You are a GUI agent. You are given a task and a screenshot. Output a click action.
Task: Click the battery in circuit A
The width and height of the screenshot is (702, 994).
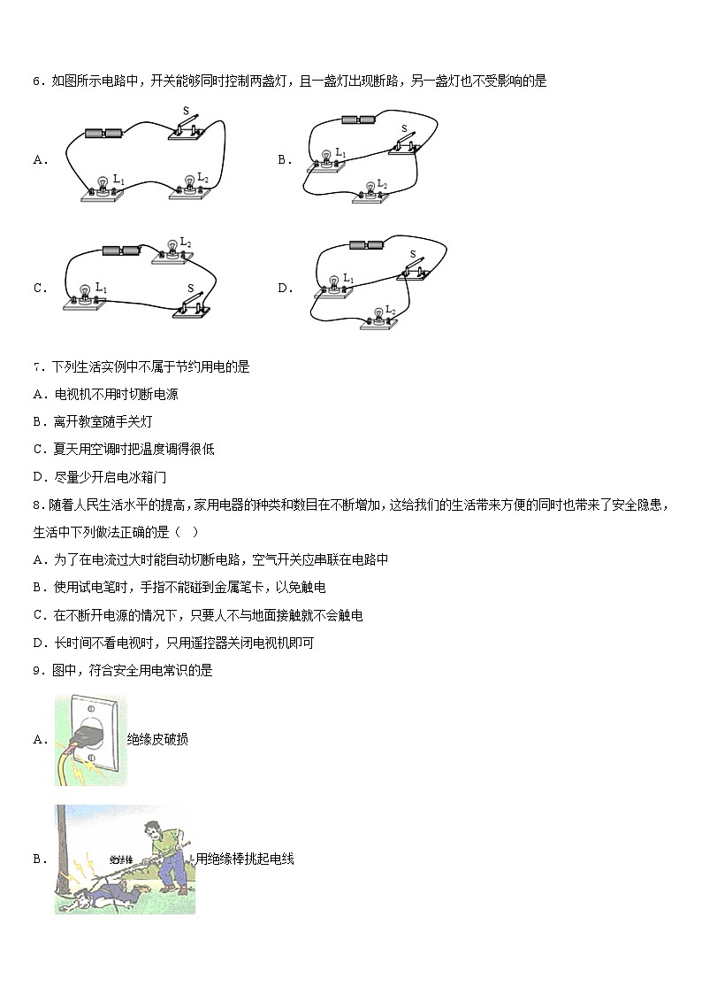point(103,134)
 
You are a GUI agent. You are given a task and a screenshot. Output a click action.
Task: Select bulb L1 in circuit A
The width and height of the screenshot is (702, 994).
point(101,187)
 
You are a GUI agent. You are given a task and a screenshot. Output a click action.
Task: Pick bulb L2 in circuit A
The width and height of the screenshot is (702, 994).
point(187,184)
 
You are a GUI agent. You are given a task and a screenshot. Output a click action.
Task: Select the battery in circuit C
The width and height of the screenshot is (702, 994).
point(121,250)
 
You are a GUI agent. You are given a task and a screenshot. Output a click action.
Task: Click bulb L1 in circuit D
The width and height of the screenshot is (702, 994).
point(333,285)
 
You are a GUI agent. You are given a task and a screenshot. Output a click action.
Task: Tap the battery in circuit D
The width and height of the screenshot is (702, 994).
point(367,244)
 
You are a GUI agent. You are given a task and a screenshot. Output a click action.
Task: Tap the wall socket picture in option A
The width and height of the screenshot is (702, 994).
point(89,740)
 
